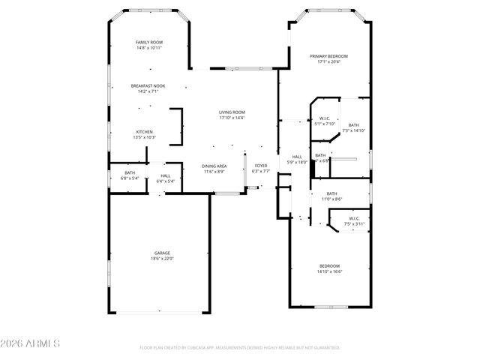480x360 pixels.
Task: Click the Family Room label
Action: [x=148, y=42]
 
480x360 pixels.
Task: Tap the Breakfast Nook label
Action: [x=148, y=86]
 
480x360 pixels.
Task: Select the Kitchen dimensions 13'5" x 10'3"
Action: [x=144, y=137]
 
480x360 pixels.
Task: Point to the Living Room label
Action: [x=232, y=112]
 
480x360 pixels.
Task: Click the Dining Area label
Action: [x=214, y=166]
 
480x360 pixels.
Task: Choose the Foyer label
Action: [x=260, y=166]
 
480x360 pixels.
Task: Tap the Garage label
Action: [x=162, y=253]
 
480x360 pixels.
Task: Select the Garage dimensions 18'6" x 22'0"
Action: [x=162, y=259]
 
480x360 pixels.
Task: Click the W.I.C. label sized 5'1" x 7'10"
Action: [x=325, y=118]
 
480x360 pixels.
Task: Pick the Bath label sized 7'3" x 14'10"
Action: [x=353, y=125]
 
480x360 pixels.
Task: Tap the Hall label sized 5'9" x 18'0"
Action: [x=297, y=156]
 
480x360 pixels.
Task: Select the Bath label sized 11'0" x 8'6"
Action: [x=331, y=193]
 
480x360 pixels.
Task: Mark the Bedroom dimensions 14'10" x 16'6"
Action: [x=329, y=271]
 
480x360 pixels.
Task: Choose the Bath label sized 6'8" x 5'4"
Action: [x=130, y=172]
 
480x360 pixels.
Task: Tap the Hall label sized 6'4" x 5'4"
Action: [x=165, y=175]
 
